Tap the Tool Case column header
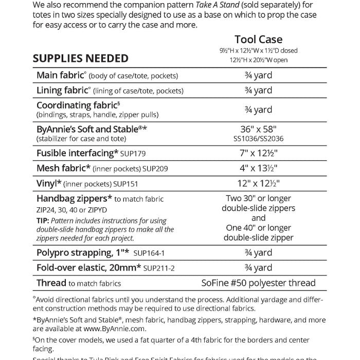[258, 40]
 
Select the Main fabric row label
[60, 76]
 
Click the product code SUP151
[127, 184]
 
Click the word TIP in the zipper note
[43, 220]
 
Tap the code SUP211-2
[159, 268]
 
